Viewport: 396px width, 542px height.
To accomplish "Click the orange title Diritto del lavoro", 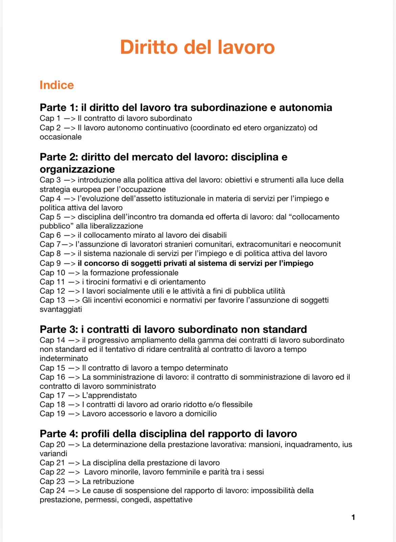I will tap(197, 47).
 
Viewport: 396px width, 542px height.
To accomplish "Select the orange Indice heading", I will tap(57, 85).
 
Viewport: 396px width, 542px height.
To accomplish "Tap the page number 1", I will tap(353, 517).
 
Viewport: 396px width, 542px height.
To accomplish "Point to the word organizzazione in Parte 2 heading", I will tap(77, 169).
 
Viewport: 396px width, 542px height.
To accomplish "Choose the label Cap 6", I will tap(50, 235).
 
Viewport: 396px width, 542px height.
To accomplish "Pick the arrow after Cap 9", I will tap(70, 263).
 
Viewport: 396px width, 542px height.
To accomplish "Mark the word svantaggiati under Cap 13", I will tap(61, 309).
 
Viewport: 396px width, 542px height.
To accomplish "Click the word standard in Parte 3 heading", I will tap(285, 329).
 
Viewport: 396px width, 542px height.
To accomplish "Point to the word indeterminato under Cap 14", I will tap(64, 358).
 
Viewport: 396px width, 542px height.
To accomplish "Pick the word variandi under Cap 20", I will tap(53, 454).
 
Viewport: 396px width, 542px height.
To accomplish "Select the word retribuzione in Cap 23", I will tap(113, 481).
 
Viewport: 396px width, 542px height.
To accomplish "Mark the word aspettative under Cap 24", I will tap(173, 500).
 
